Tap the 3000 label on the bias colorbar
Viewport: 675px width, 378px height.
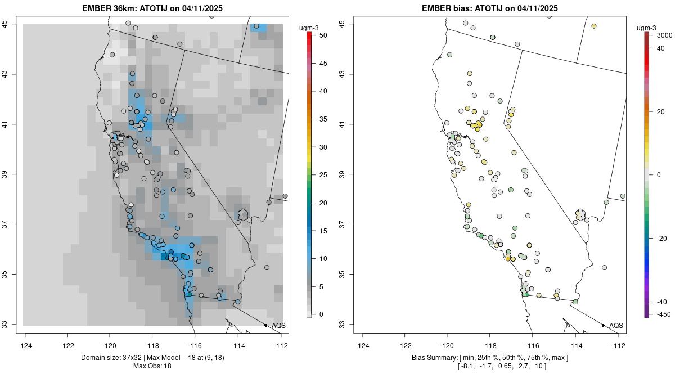point(664,35)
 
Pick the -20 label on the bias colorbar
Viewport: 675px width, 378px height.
point(662,238)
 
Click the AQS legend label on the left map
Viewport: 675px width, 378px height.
point(278,325)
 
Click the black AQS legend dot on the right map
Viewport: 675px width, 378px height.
point(603,325)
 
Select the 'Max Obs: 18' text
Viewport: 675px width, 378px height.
point(152,366)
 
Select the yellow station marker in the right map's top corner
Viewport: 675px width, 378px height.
point(593,26)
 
